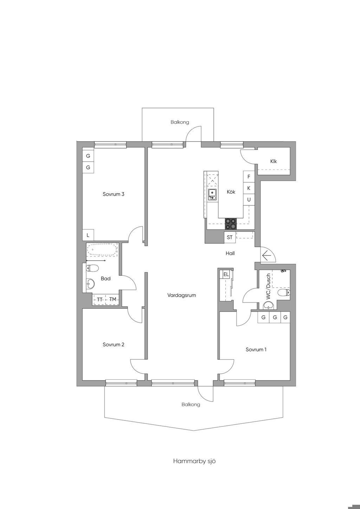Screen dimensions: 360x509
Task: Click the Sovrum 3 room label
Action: click(113, 194)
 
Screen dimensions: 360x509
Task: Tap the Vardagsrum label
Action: click(181, 295)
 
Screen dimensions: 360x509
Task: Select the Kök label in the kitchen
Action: click(231, 192)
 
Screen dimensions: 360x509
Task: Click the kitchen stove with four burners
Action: click(231, 224)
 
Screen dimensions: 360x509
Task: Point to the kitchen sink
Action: click(212, 195)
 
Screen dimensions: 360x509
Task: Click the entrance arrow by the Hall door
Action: click(267, 256)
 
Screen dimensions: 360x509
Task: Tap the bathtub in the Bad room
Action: click(102, 250)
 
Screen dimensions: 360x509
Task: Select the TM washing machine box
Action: click(112, 299)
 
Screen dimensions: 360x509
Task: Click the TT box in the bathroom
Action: click(99, 299)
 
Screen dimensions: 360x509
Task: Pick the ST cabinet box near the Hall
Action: click(230, 237)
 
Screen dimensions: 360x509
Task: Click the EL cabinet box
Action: click(226, 274)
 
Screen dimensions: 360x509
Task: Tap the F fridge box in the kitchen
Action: click(249, 177)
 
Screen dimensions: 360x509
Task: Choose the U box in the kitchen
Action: click(249, 200)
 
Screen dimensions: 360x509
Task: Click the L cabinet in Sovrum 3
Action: click(88, 235)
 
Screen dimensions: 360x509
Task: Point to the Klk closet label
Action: click(274, 161)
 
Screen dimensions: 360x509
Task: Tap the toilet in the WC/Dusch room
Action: click(284, 293)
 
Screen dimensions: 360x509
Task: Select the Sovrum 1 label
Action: click(256, 349)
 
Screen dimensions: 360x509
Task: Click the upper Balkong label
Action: click(180, 122)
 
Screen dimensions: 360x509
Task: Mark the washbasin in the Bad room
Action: click(90, 283)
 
